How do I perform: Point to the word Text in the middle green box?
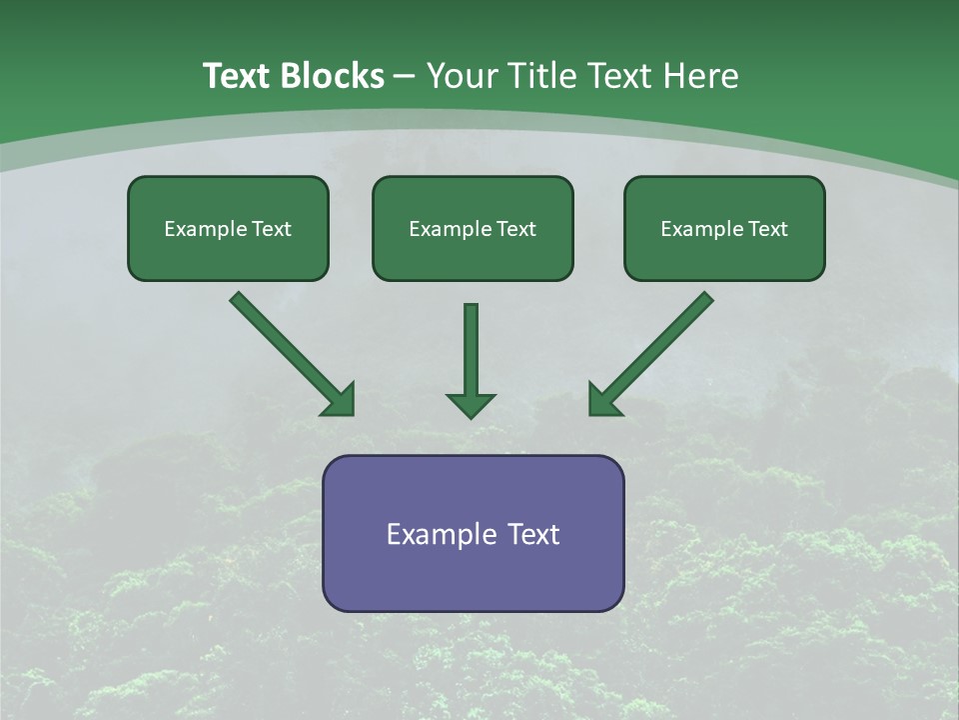click(516, 229)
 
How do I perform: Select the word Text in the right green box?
click(767, 229)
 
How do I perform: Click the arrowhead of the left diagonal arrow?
click(340, 400)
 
